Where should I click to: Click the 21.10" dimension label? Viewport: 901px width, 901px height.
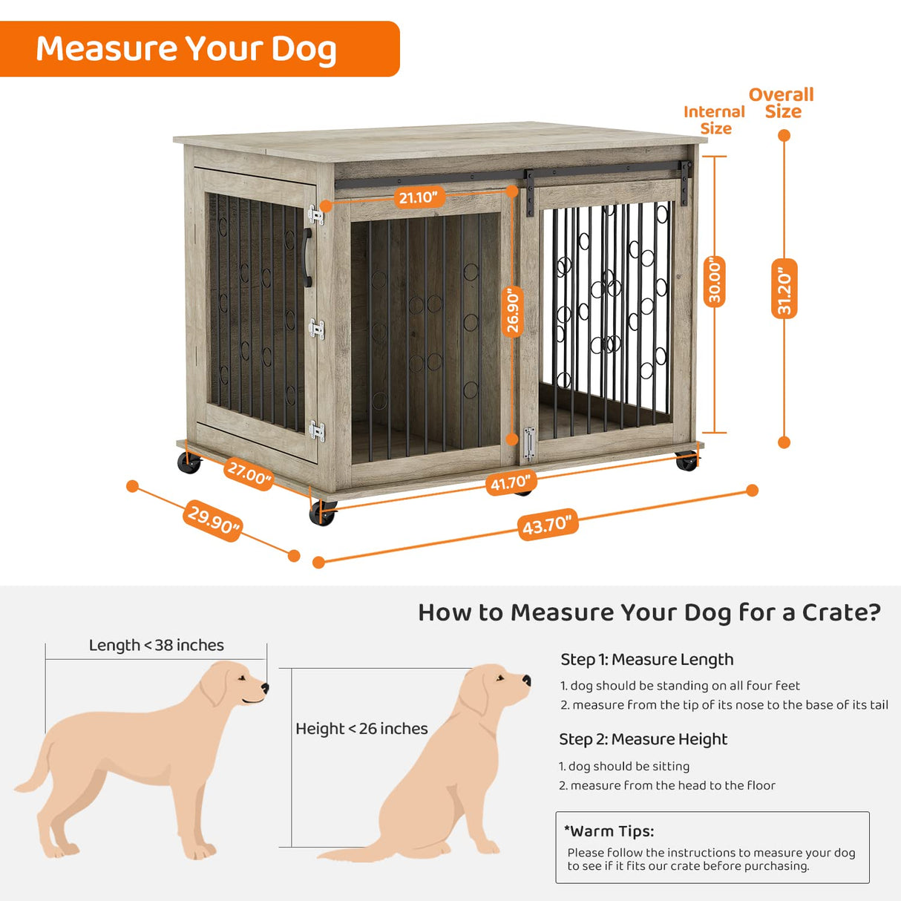click(x=419, y=197)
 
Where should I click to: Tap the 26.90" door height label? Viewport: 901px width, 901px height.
click(x=513, y=310)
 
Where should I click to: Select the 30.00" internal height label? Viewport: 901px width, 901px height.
click(x=714, y=281)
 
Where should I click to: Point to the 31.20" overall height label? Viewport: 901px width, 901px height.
click(x=784, y=289)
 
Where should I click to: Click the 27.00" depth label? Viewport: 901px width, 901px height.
click(x=249, y=473)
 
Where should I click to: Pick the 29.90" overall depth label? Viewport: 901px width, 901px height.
click(x=214, y=520)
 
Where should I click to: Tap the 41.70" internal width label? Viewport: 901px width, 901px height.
click(x=510, y=483)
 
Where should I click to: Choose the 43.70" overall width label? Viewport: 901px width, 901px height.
click(x=548, y=525)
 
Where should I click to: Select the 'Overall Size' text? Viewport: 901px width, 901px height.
click(x=782, y=103)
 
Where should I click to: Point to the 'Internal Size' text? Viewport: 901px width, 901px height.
click(x=714, y=119)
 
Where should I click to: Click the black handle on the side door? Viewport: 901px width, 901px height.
click(x=308, y=258)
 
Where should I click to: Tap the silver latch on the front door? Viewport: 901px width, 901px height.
click(x=528, y=443)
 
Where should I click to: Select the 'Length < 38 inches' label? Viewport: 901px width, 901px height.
click(x=156, y=645)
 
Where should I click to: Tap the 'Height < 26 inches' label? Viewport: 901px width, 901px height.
click(x=361, y=729)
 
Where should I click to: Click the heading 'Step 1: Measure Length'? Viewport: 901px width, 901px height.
click(x=646, y=659)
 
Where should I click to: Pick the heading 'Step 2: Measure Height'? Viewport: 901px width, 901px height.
click(x=643, y=739)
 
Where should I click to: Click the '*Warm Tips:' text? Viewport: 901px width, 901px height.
click(x=609, y=831)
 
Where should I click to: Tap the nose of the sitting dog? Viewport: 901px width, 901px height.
click(x=526, y=679)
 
